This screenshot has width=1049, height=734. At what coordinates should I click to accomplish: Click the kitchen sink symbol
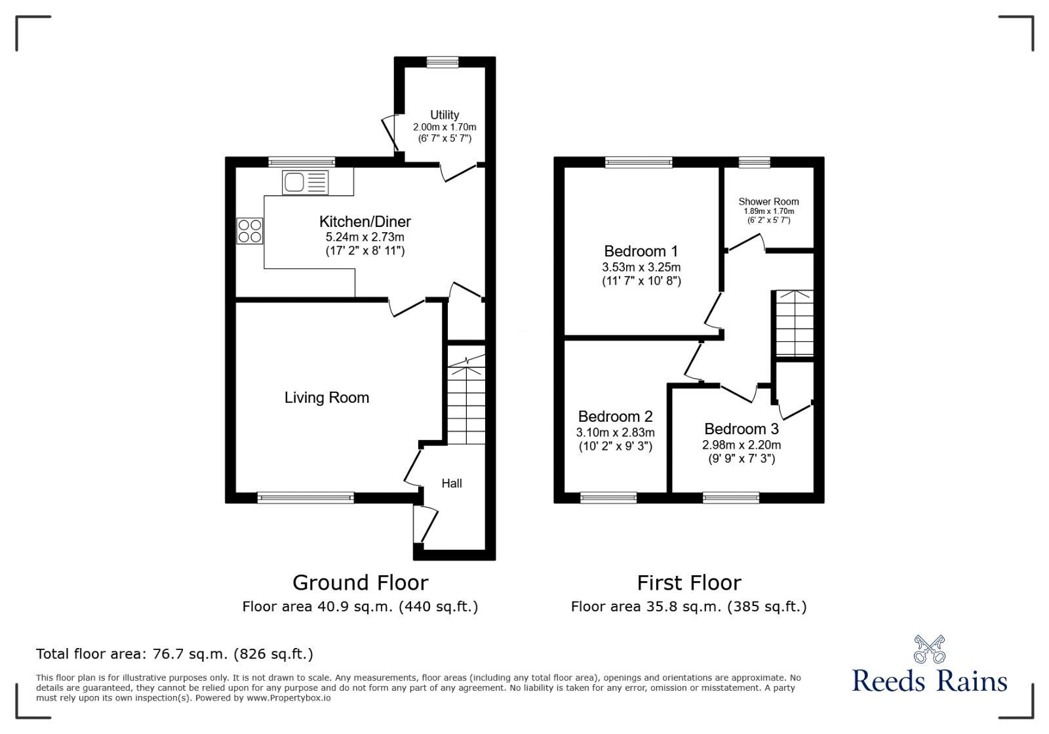pyautogui.click(x=305, y=182)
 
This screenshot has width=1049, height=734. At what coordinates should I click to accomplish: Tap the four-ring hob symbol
pyautogui.click(x=250, y=231)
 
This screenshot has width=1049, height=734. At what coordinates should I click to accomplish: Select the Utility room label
pyautogui.click(x=445, y=115)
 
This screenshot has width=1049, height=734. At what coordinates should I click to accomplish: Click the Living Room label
pyautogui.click(x=327, y=398)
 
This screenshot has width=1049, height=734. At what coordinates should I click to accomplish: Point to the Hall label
pyautogui.click(x=451, y=483)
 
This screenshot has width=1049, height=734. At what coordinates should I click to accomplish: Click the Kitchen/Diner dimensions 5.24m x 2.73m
pyautogui.click(x=365, y=237)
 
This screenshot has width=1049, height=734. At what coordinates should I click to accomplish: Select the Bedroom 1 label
pyautogui.click(x=641, y=251)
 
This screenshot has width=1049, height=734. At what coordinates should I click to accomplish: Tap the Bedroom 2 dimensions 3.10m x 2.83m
pyautogui.click(x=615, y=432)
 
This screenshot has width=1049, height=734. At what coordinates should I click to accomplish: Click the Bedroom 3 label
pyautogui.click(x=741, y=429)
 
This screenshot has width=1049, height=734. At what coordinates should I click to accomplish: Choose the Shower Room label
pyautogui.click(x=768, y=201)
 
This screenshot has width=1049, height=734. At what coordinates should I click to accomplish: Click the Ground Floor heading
pyautogui.click(x=360, y=582)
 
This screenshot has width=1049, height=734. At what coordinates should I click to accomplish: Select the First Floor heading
pyautogui.click(x=689, y=582)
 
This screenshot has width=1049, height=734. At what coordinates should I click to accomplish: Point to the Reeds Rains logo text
pyautogui.click(x=929, y=681)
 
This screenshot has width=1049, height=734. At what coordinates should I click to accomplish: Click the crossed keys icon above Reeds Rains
pyautogui.click(x=929, y=649)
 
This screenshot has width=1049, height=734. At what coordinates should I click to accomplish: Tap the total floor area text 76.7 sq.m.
pyautogui.click(x=174, y=654)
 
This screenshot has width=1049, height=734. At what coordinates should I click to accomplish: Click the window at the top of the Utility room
pyautogui.click(x=443, y=62)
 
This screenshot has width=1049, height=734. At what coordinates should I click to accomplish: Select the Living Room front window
pyautogui.click(x=306, y=498)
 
